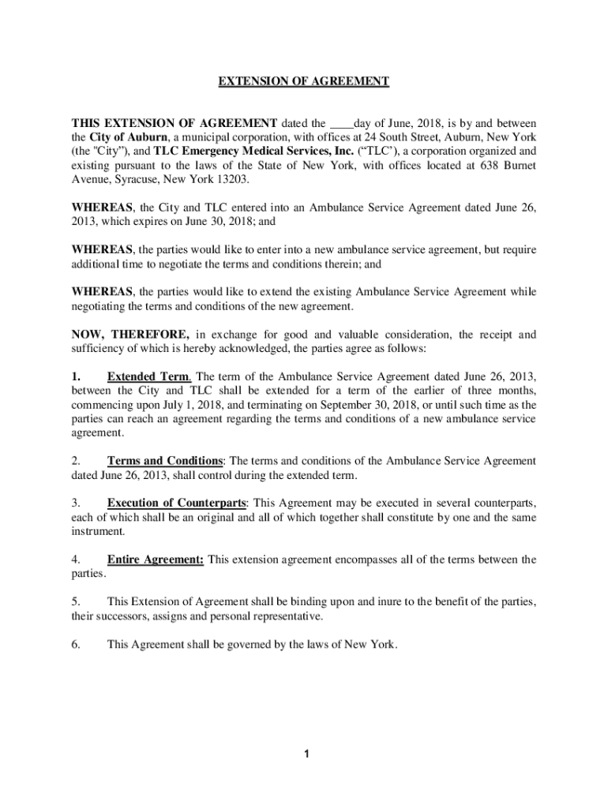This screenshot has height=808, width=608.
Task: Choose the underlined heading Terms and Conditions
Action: pyautogui.click(x=165, y=461)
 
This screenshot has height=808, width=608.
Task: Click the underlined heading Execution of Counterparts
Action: pyautogui.click(x=177, y=503)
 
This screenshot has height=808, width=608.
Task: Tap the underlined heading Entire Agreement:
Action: pyautogui.click(x=156, y=559)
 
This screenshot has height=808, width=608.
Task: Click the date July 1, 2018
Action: pyautogui.click(x=180, y=404)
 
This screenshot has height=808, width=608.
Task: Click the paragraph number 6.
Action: pyautogui.click(x=76, y=645)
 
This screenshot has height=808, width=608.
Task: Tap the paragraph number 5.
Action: pyautogui.click(x=76, y=602)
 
